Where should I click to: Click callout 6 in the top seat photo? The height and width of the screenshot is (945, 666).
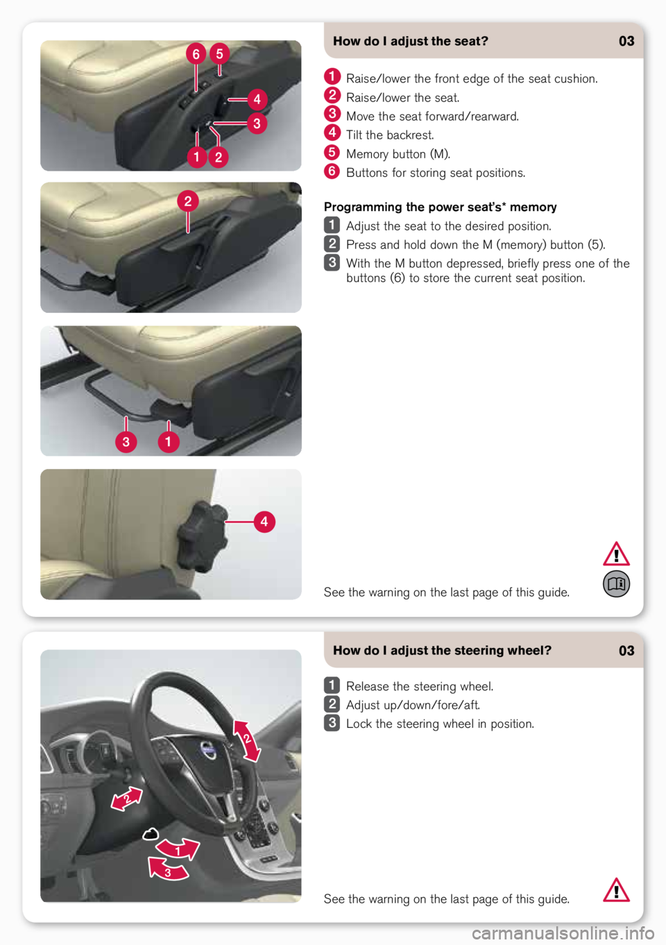pyautogui.click(x=196, y=54)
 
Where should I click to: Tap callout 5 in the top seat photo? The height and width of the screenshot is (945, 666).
pyautogui.click(x=219, y=53)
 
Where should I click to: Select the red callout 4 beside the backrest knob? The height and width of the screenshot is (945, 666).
pyautogui.click(x=264, y=522)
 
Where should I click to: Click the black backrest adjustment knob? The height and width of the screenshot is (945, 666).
pyautogui.click(x=203, y=536)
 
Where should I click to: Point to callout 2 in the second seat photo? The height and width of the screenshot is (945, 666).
pyautogui.click(x=188, y=201)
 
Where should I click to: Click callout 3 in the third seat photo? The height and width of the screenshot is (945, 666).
pyautogui.click(x=126, y=442)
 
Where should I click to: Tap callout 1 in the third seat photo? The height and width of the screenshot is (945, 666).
pyautogui.click(x=169, y=442)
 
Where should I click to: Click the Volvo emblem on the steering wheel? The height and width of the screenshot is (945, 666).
pyautogui.click(x=208, y=749)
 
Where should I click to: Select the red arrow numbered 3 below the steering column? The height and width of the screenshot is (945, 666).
pyautogui.click(x=167, y=869)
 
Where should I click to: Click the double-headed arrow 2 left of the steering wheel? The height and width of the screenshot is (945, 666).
pyautogui.click(x=126, y=799)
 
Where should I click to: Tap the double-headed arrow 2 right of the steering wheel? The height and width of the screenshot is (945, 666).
pyautogui.click(x=247, y=741)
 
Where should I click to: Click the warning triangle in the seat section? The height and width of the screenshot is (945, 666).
pyautogui.click(x=616, y=554)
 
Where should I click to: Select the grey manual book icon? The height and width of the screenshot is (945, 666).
pyautogui.click(x=616, y=584)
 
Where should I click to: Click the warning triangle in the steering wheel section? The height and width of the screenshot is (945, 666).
pyautogui.click(x=616, y=890)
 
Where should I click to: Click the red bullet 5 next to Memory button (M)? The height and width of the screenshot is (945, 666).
pyautogui.click(x=332, y=152)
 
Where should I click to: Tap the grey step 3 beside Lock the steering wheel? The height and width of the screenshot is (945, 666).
pyautogui.click(x=332, y=723)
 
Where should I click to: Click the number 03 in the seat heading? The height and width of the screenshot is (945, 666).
pyautogui.click(x=626, y=41)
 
